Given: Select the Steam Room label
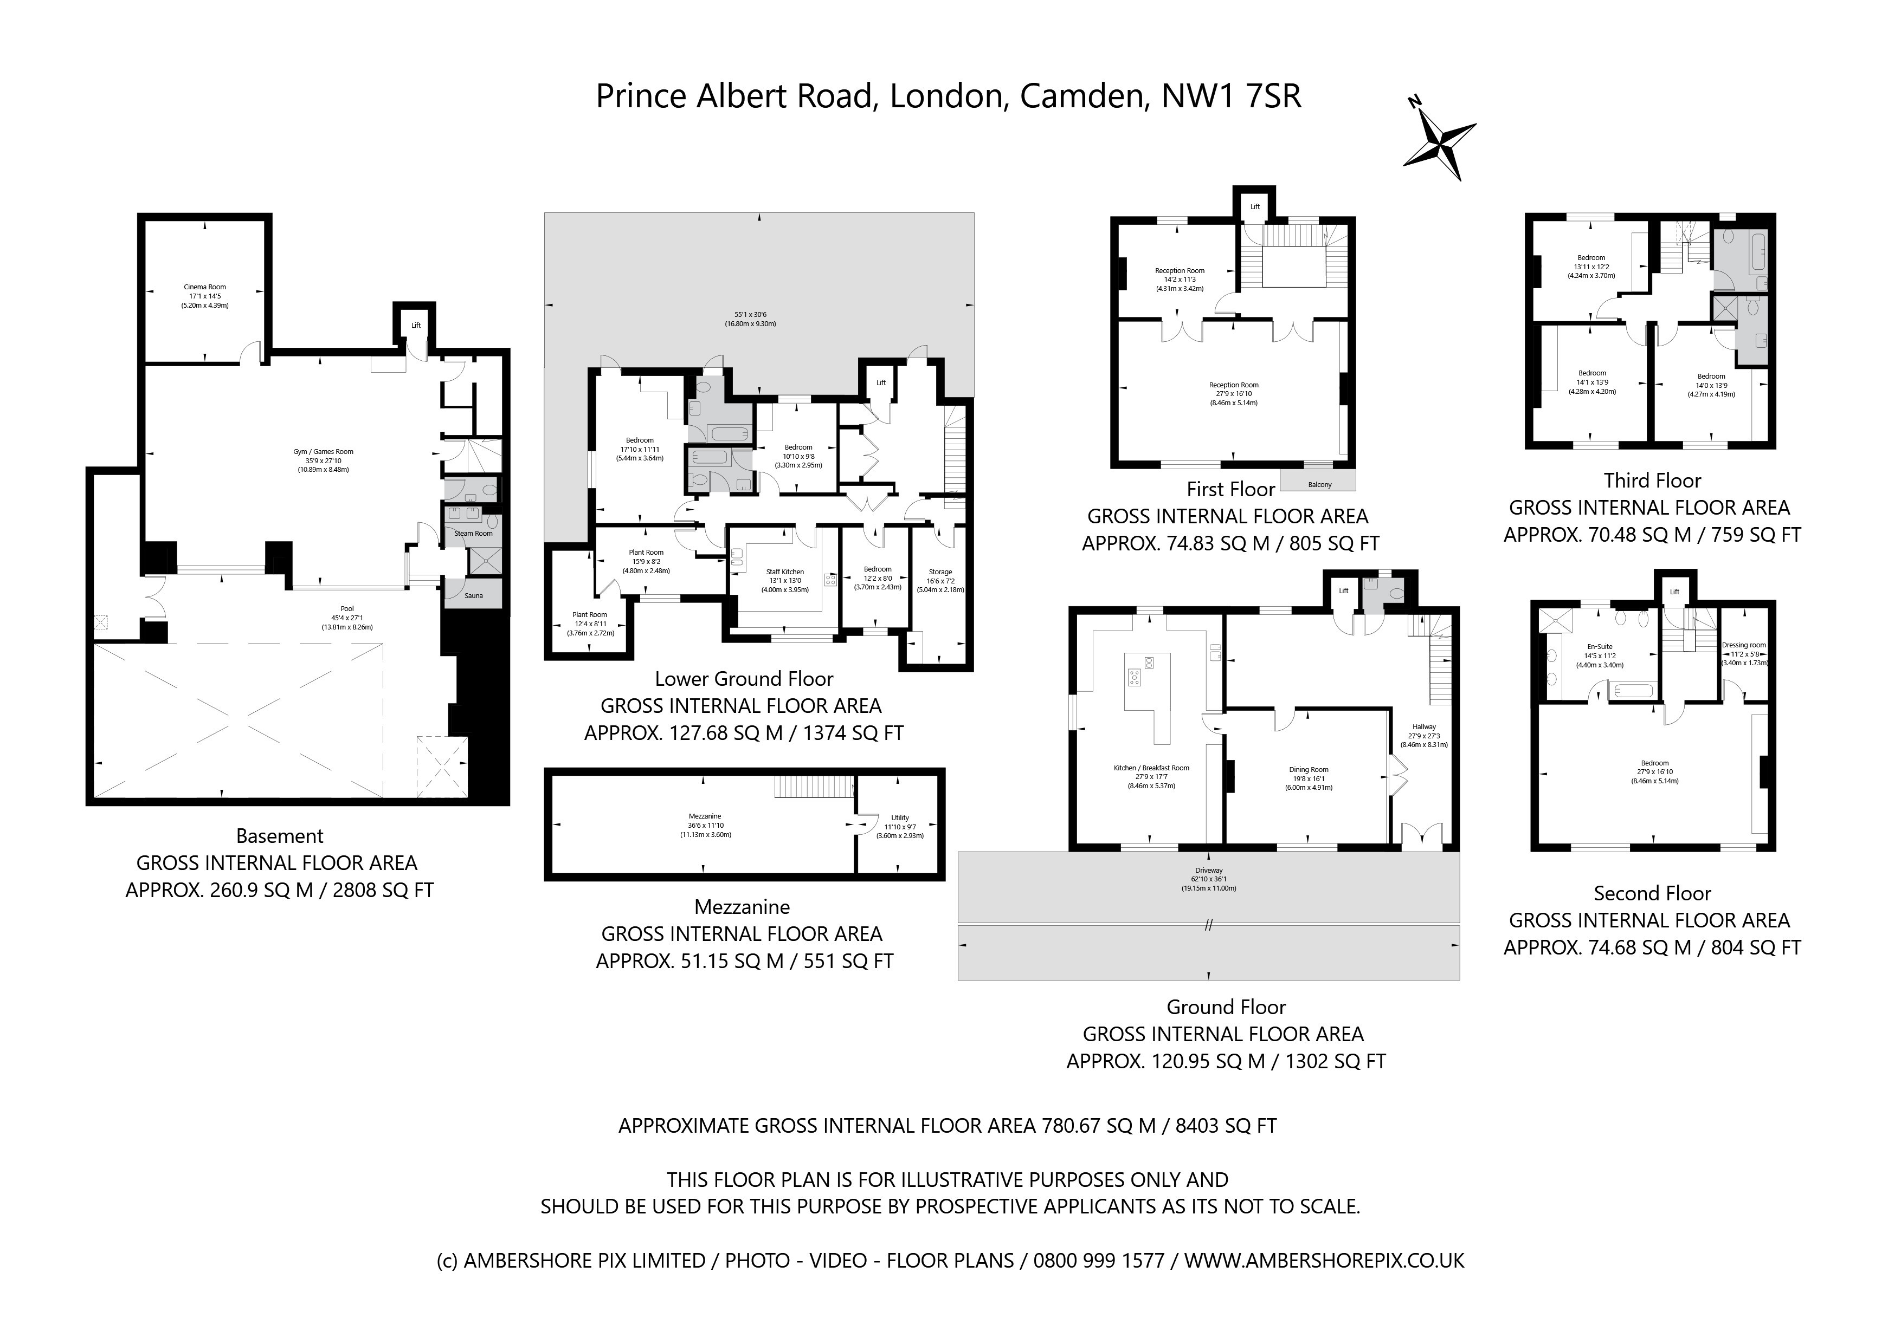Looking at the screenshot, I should click(x=473, y=534).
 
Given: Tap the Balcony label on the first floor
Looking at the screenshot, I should click(x=1320, y=485).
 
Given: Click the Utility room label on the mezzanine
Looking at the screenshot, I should click(x=900, y=817).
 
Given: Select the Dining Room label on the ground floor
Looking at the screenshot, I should click(x=1308, y=770).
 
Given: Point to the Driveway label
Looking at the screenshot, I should click(x=1209, y=871).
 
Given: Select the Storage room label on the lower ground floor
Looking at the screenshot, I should click(x=940, y=572).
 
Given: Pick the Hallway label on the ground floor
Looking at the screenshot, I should click(x=1424, y=726).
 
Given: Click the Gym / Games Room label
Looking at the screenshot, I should click(x=323, y=452).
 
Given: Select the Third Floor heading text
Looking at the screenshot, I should click(x=1652, y=481).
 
